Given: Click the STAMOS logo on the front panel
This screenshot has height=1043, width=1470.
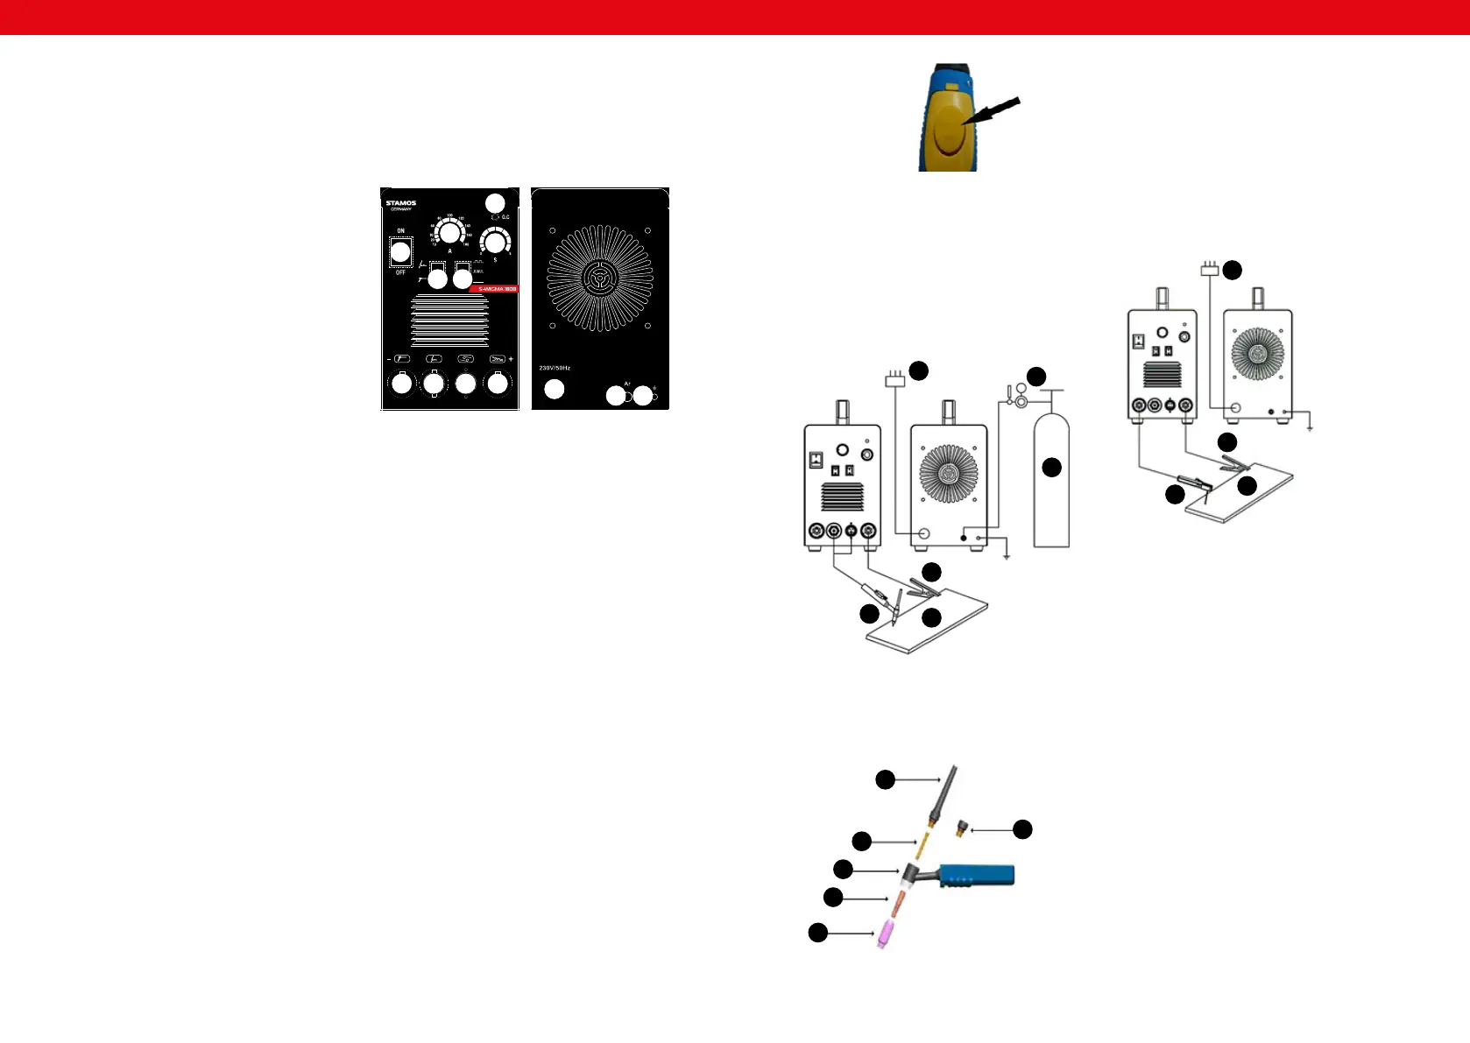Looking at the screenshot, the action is coord(401,203).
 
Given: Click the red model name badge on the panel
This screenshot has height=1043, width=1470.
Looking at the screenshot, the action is coord(496,289).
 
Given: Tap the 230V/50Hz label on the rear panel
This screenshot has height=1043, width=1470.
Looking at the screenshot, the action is coord(555,368).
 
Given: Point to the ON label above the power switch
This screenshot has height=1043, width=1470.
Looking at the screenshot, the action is coord(401,231).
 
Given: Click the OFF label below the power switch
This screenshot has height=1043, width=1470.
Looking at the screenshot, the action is coord(401,272).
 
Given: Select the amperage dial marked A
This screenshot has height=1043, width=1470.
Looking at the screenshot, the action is coord(449,233).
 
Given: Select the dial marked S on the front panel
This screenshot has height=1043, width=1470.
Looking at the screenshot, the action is coord(496,242).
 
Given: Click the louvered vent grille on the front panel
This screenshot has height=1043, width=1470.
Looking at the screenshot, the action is coord(449,321).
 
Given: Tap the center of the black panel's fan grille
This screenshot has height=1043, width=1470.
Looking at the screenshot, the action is coord(600,278).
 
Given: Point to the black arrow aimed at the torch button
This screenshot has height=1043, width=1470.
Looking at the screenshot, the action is coord(993,116).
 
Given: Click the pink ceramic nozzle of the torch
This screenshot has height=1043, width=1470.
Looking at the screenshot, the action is coord(887,936).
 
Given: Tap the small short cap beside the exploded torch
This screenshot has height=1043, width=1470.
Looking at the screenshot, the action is coord(962,828).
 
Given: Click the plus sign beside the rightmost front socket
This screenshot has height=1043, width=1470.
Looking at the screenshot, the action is coord(511,359).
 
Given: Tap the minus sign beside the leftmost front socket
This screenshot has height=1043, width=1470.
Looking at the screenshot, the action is coord(389,359).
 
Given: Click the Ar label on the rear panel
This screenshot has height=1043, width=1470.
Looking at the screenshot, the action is coord(627,384).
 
